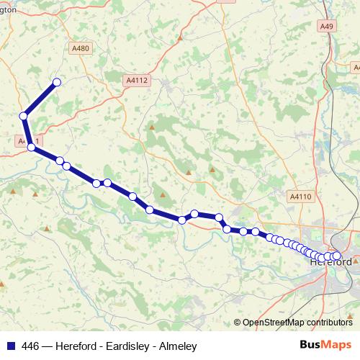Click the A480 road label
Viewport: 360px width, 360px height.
click(81, 48)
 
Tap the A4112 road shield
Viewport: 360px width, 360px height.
click(135, 81)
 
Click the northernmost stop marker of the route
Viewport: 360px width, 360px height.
click(56, 82)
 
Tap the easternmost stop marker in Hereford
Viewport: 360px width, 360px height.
click(336, 256)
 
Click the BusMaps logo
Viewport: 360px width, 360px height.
click(325, 345)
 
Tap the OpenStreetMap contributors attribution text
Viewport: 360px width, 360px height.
click(297, 323)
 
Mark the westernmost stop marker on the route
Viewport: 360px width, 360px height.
click(24, 115)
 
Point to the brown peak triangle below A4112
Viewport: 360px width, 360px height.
click(151, 127)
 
